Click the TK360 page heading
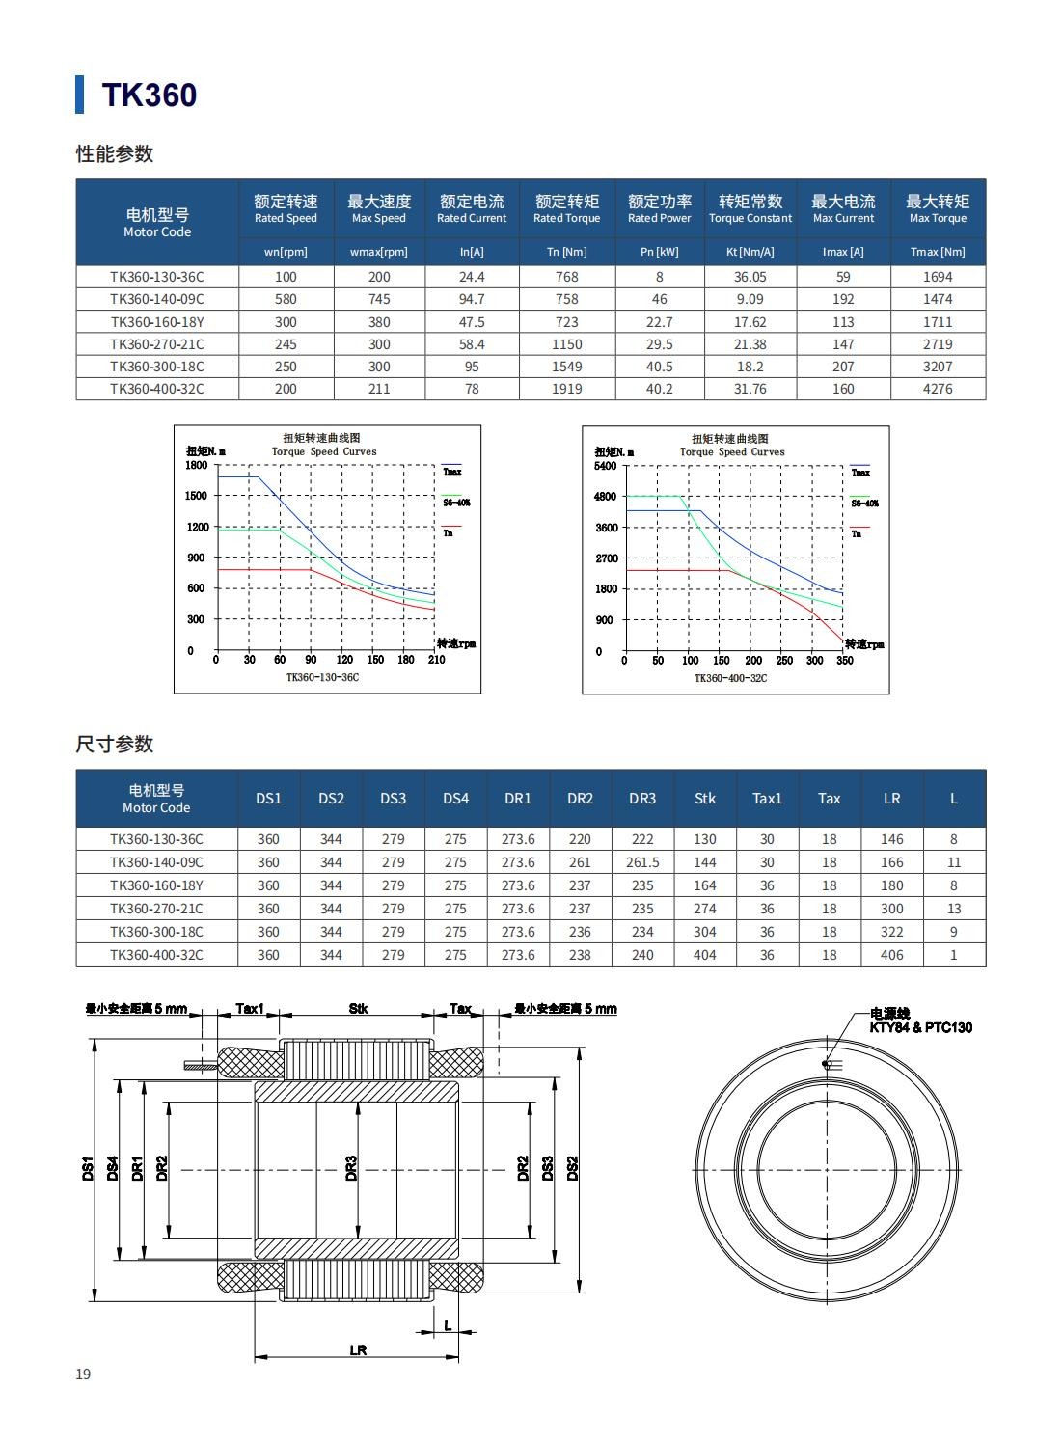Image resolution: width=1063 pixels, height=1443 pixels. point(150,95)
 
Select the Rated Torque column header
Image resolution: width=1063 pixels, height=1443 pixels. point(567,209)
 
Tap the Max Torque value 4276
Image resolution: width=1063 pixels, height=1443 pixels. point(937,389)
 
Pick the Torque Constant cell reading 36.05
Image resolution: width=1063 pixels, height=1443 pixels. point(750,277)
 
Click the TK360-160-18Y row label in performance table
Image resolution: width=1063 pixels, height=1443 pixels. point(157,322)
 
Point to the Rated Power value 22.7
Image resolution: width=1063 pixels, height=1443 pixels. point(660,322)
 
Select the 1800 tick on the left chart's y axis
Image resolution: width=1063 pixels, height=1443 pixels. point(197,465)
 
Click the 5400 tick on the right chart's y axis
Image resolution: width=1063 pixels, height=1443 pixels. point(605,466)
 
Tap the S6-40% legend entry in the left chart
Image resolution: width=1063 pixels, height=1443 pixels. point(456,503)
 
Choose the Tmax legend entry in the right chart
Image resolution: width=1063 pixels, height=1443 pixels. point(860,472)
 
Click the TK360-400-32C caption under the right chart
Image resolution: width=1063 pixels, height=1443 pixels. point(730,678)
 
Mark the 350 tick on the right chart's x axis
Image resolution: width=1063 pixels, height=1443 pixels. point(844,661)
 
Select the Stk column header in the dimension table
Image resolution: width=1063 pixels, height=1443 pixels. point(705,799)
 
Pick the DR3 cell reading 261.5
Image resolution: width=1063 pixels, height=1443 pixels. point(642,862)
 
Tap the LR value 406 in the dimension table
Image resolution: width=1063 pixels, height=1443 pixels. point(891,955)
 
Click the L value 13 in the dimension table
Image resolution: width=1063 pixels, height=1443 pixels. point(954,909)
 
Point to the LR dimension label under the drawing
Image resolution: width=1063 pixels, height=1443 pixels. point(358,1349)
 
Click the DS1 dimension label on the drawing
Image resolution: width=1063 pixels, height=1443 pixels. point(88,1169)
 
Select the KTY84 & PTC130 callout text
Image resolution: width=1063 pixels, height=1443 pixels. point(920,1027)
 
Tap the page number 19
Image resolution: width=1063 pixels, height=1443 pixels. point(83,1374)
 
